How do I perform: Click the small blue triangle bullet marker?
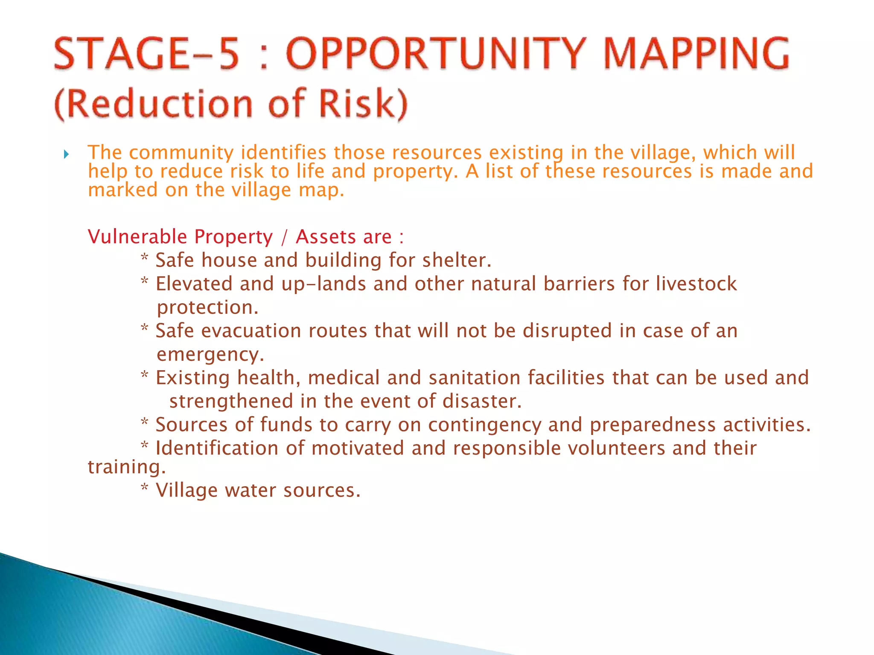[66, 154]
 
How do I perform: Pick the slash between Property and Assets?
[284, 237]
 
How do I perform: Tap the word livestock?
[696, 284]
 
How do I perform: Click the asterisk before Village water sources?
[145, 489]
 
